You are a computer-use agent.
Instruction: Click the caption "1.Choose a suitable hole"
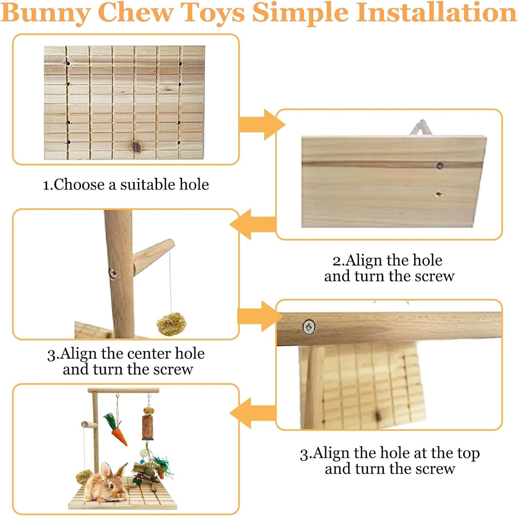(x=126, y=185)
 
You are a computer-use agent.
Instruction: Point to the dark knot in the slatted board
(x=137, y=146)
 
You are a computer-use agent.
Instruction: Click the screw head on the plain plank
(x=440, y=165)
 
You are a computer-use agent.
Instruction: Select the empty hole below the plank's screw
(x=438, y=194)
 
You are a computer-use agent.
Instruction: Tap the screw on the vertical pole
(x=113, y=274)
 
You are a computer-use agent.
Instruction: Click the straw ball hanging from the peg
(x=171, y=324)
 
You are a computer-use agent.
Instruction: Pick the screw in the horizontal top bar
(x=309, y=327)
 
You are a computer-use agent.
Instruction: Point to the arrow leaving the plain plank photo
(x=253, y=225)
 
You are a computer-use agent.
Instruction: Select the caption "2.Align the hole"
(x=387, y=260)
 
